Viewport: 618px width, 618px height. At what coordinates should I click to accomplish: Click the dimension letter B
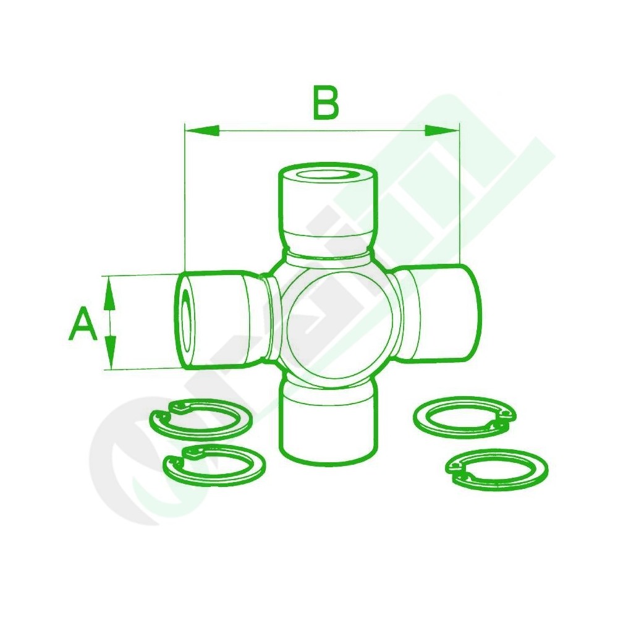point(326,103)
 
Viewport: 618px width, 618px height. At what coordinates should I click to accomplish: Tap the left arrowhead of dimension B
point(202,130)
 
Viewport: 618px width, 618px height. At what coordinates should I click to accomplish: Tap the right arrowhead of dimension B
point(442,130)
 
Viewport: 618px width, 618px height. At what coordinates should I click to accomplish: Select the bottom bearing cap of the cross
point(327,421)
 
